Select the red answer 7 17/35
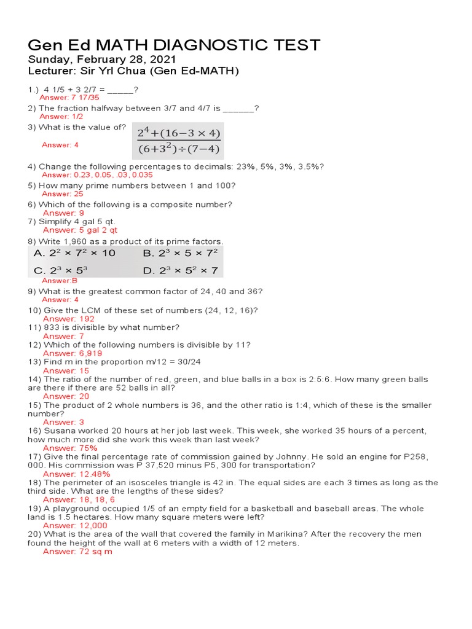pyautogui.click(x=69, y=98)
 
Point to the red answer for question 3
pyautogui.click(x=60, y=145)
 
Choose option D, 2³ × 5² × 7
pyautogui.click(x=180, y=270)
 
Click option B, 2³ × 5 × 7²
pyautogui.click(x=180, y=253)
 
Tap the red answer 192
pyautogui.click(x=69, y=319)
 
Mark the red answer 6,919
pyautogui.click(x=73, y=354)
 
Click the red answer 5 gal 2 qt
pyautogui.click(x=80, y=230)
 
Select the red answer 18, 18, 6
pyautogui.click(x=79, y=500)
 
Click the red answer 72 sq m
pyautogui.click(x=77, y=552)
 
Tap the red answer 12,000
pyautogui.click(x=75, y=526)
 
